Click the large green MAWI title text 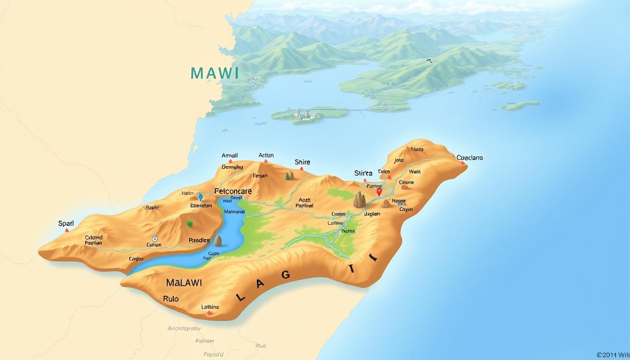click(215, 73)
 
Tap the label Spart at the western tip click(66, 224)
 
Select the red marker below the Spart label click(67, 230)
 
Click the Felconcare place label click(233, 191)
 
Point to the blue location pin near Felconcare click(201, 197)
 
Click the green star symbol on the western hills click(190, 224)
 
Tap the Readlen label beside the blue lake click(199, 240)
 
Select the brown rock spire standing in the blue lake click(217, 241)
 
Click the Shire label click(302, 162)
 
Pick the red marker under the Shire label click(302, 168)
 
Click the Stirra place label click(363, 173)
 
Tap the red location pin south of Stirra click(379, 191)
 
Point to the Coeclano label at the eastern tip click(470, 158)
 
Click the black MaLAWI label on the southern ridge click(184, 283)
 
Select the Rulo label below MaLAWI click(171, 298)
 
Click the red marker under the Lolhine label click(210, 313)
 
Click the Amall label click(230, 156)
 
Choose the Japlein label click(372, 214)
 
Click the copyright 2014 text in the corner click(613, 355)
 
